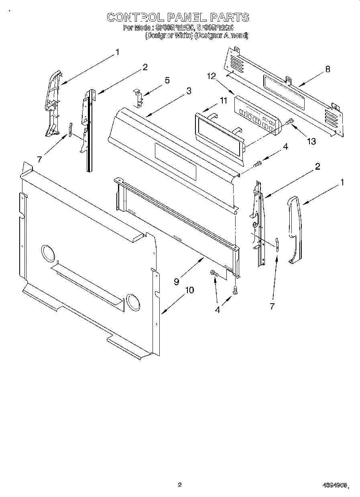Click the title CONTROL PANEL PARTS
click(x=177, y=17)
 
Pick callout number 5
click(x=167, y=80)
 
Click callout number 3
click(x=188, y=91)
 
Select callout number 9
click(x=177, y=282)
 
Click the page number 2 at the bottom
click(x=179, y=485)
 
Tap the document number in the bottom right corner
click(x=335, y=486)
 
